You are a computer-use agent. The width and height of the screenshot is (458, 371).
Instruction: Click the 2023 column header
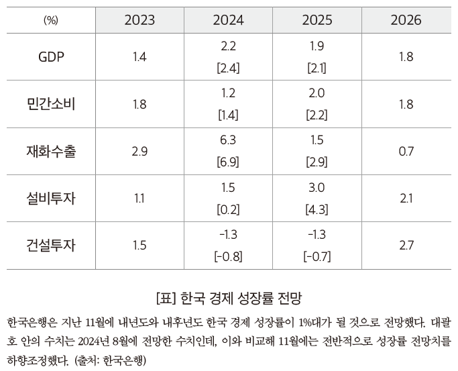coord(139,19)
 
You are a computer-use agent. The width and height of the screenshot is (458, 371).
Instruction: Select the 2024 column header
coord(228,19)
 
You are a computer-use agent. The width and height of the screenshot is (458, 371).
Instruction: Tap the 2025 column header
coord(317,19)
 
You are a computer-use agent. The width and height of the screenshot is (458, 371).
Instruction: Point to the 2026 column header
coord(406,19)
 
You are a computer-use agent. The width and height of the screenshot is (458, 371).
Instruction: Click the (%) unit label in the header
coord(51,20)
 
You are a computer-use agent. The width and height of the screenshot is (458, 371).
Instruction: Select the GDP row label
coord(51,57)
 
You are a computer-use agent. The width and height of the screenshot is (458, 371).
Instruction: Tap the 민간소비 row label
coord(51,104)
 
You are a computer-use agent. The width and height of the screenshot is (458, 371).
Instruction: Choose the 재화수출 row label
coord(51,151)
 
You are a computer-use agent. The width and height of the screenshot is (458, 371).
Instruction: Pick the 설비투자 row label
coord(51,198)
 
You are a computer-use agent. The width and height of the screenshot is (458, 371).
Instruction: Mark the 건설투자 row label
coord(51,245)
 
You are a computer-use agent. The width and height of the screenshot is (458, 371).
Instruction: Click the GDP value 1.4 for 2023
coord(139,57)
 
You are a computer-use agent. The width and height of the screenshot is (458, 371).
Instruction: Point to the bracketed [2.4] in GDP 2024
coord(228,68)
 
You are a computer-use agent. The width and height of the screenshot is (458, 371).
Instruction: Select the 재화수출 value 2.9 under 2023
coord(139,151)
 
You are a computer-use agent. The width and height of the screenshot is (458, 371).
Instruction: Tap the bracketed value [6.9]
coord(228,162)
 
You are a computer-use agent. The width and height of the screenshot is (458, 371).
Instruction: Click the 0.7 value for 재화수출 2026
coord(406,151)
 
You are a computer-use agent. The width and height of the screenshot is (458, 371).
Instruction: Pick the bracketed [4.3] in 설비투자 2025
coord(317,209)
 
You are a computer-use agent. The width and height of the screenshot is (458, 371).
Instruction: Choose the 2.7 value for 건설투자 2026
coord(406,245)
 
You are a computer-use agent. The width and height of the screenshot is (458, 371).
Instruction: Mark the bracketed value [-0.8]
coord(228,256)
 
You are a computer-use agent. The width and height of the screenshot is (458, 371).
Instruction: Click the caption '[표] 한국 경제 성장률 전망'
coord(229,296)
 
